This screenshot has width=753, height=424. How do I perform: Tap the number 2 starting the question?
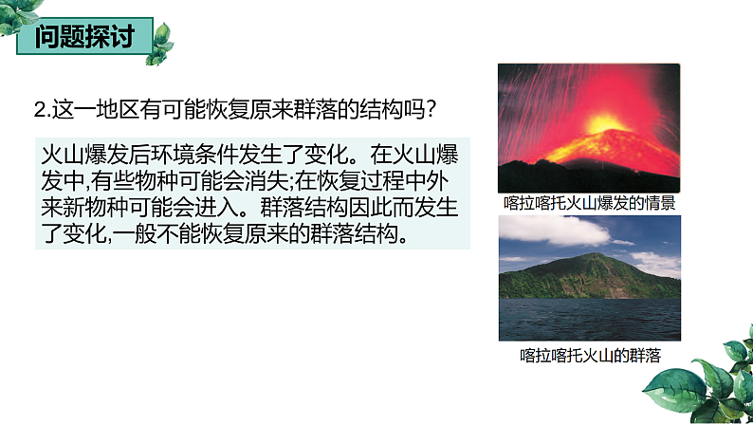(x=39, y=110)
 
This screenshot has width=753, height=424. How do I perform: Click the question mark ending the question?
(x=430, y=110)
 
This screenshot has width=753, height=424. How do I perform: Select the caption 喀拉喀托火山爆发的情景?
(x=589, y=203)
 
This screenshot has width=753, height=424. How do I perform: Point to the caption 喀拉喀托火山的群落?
(x=590, y=355)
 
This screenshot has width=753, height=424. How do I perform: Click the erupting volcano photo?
(x=589, y=127)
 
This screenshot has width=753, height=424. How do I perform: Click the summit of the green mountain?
(x=595, y=255)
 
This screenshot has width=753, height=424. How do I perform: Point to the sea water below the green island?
(x=589, y=318)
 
